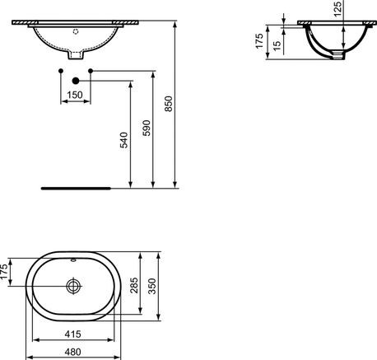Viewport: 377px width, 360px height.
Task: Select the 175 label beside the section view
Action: [258, 41]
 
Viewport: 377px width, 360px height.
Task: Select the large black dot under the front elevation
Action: [76, 81]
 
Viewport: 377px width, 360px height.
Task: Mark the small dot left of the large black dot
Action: [62, 72]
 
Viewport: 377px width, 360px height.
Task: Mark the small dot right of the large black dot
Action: [90, 72]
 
